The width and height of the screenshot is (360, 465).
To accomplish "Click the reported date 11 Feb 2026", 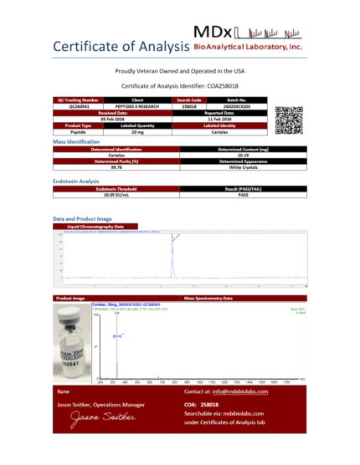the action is coord(214,120).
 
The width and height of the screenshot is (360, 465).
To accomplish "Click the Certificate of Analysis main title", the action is coord(119,45).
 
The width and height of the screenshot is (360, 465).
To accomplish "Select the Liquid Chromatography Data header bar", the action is coord(180,227).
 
